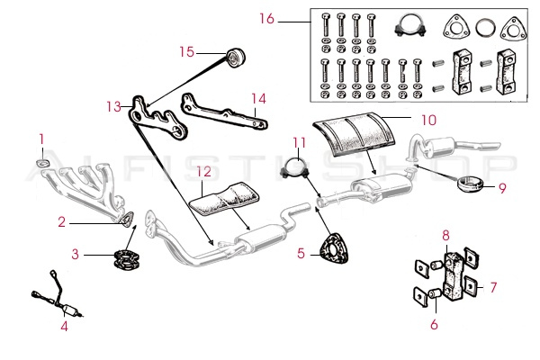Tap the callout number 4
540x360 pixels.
(64, 326)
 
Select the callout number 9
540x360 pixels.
(502, 188)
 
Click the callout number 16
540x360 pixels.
(291, 18)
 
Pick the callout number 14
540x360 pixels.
(258, 99)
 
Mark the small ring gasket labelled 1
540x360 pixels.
(41, 163)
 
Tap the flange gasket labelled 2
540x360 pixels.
(127, 216)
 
